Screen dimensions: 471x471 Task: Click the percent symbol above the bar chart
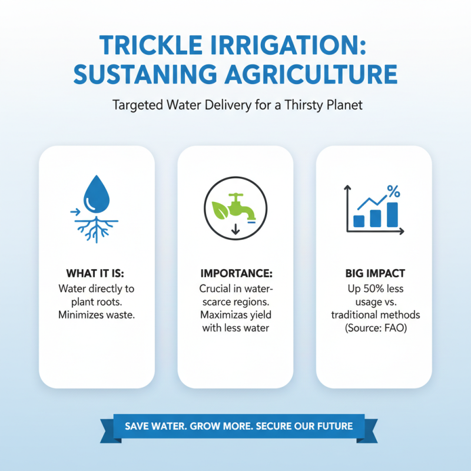393,191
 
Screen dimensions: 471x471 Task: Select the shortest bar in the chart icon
358,221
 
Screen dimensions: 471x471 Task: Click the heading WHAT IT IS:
96,275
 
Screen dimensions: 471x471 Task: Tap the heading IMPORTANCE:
235,275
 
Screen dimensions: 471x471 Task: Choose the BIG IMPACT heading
374,275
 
